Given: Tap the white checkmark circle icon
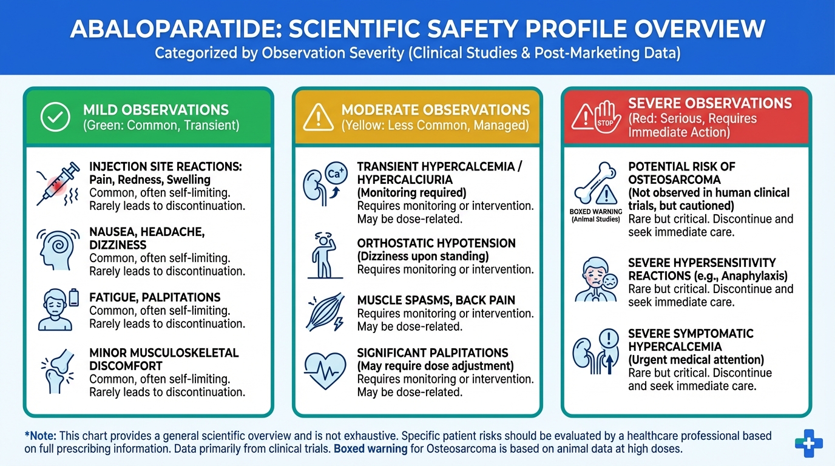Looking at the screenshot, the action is [x=55, y=117].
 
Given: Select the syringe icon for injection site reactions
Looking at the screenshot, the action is [x=58, y=184].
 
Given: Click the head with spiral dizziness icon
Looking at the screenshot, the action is [x=58, y=249].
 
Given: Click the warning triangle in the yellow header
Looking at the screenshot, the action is [x=318, y=118].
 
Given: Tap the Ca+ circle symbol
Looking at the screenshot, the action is [x=336, y=174].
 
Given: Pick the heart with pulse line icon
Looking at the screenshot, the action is [x=325, y=371].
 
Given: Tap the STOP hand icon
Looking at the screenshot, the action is [x=607, y=116].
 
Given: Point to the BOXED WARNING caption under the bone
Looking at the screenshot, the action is [x=596, y=215].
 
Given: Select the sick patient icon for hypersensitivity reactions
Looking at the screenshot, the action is [x=596, y=279].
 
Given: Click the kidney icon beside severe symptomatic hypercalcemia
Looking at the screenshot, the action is [x=583, y=353].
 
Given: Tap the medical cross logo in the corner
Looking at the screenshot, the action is [x=808, y=444].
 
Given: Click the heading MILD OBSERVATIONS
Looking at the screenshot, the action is [x=156, y=110].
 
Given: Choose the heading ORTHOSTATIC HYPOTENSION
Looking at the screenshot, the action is [x=436, y=243].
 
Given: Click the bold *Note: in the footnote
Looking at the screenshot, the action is [x=41, y=436].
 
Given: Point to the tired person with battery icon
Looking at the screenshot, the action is [x=58, y=310].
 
